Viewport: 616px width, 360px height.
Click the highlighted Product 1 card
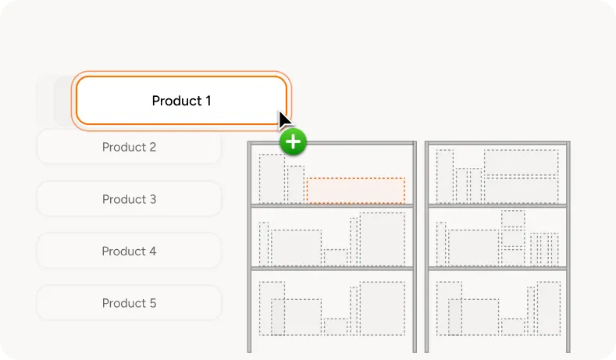[x=181, y=101]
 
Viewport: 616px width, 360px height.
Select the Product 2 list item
[x=129, y=147]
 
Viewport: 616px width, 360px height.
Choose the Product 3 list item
[x=129, y=199]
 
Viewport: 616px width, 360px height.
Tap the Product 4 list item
[x=129, y=251]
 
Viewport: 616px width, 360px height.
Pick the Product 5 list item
[x=129, y=303]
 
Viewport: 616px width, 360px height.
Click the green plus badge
[x=293, y=141]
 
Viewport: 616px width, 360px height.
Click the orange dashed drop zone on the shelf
[x=355, y=191]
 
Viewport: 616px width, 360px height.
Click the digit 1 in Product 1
[x=208, y=101]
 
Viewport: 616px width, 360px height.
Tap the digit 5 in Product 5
[x=153, y=303]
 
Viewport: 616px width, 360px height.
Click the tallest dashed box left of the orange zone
[x=272, y=178]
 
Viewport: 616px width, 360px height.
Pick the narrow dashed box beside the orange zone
[x=295, y=184]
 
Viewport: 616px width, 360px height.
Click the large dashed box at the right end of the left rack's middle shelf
[x=382, y=239]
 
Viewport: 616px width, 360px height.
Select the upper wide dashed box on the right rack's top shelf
[x=521, y=162]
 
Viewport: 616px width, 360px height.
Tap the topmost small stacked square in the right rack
[x=513, y=219]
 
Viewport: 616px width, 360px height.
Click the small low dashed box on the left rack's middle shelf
[x=336, y=257]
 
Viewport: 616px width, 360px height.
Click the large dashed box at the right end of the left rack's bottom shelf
[x=382, y=308]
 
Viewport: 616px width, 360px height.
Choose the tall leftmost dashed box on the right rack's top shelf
[x=445, y=176]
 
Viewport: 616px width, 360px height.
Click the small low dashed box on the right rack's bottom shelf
[x=513, y=326]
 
